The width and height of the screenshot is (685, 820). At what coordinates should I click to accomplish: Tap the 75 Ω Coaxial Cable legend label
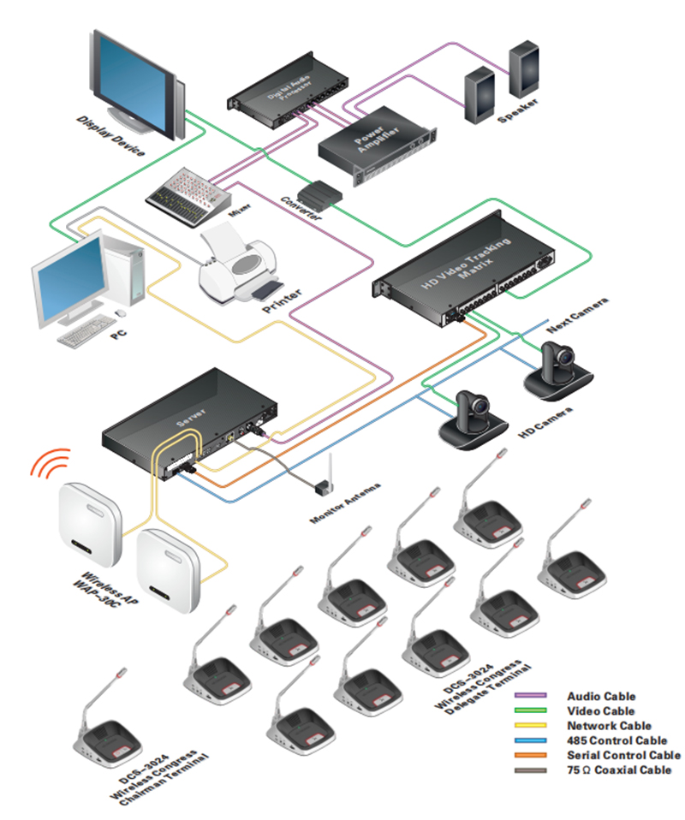click(619, 769)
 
